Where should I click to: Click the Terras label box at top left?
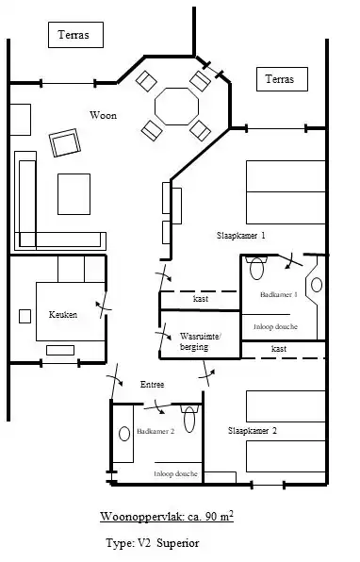[75, 35]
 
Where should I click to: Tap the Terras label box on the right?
[282, 79]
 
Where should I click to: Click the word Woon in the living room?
[103, 115]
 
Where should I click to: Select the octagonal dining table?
[176, 107]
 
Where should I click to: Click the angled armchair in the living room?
[65, 142]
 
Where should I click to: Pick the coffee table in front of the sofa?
[74, 194]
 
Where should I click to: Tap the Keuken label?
[63, 315]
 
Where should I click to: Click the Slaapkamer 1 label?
[240, 236]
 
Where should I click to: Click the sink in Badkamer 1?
[317, 285]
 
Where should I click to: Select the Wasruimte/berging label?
[200, 341]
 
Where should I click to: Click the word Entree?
[153, 385]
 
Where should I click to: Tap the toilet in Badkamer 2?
[189, 419]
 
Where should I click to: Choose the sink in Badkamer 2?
[124, 434]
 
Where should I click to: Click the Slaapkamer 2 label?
[253, 431]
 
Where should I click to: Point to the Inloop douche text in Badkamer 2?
[175, 473]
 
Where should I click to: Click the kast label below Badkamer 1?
[279, 348]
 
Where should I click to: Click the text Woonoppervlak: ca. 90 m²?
[167, 517]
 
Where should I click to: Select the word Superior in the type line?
[178, 543]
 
